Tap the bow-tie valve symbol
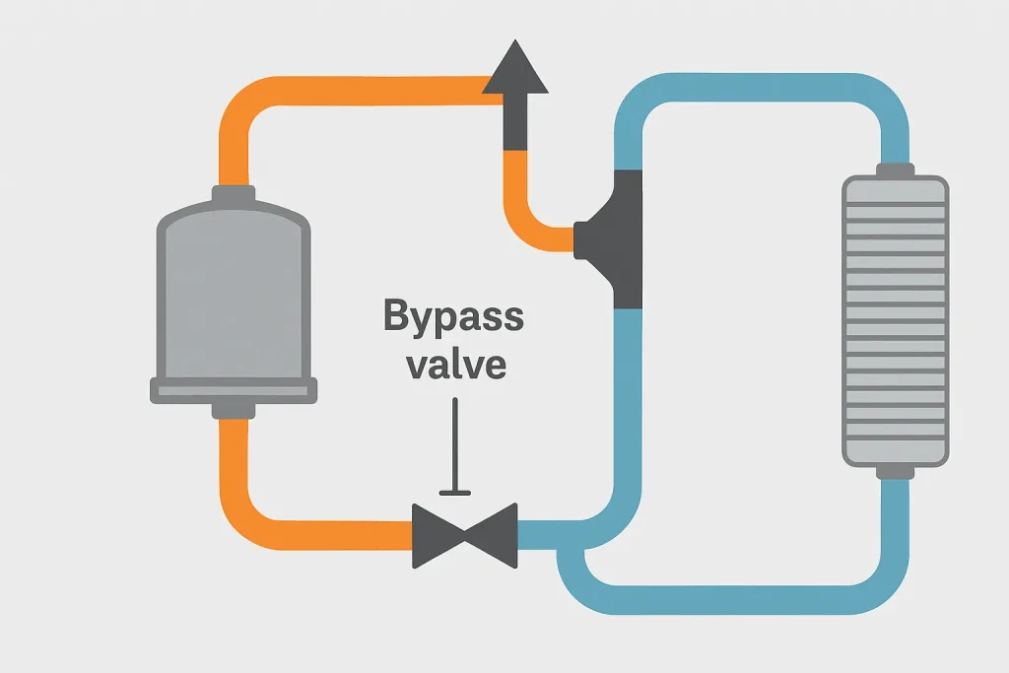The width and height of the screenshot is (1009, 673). pyautogui.click(x=465, y=535)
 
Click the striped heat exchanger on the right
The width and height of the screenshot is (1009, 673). pyautogui.click(x=895, y=320)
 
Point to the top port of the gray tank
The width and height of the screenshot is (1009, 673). pyautogui.click(x=234, y=195)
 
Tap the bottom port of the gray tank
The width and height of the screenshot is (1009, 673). pyautogui.click(x=234, y=408)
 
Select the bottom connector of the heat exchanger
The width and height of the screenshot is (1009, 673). pyautogui.click(x=895, y=471)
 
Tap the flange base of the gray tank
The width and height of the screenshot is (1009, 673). pyautogui.click(x=234, y=390)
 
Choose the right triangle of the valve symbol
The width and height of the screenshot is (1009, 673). pyautogui.click(x=493, y=535)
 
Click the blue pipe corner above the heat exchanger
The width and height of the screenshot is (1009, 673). pyautogui.click(x=877, y=103)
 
